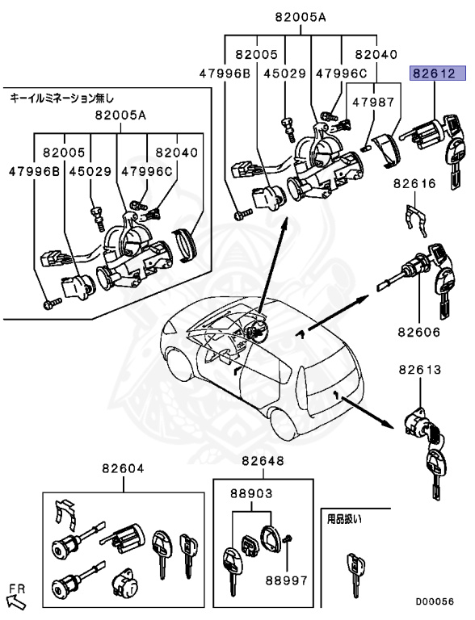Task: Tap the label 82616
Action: click(x=415, y=184)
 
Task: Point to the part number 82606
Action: click(x=418, y=332)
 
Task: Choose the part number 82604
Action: click(x=123, y=468)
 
